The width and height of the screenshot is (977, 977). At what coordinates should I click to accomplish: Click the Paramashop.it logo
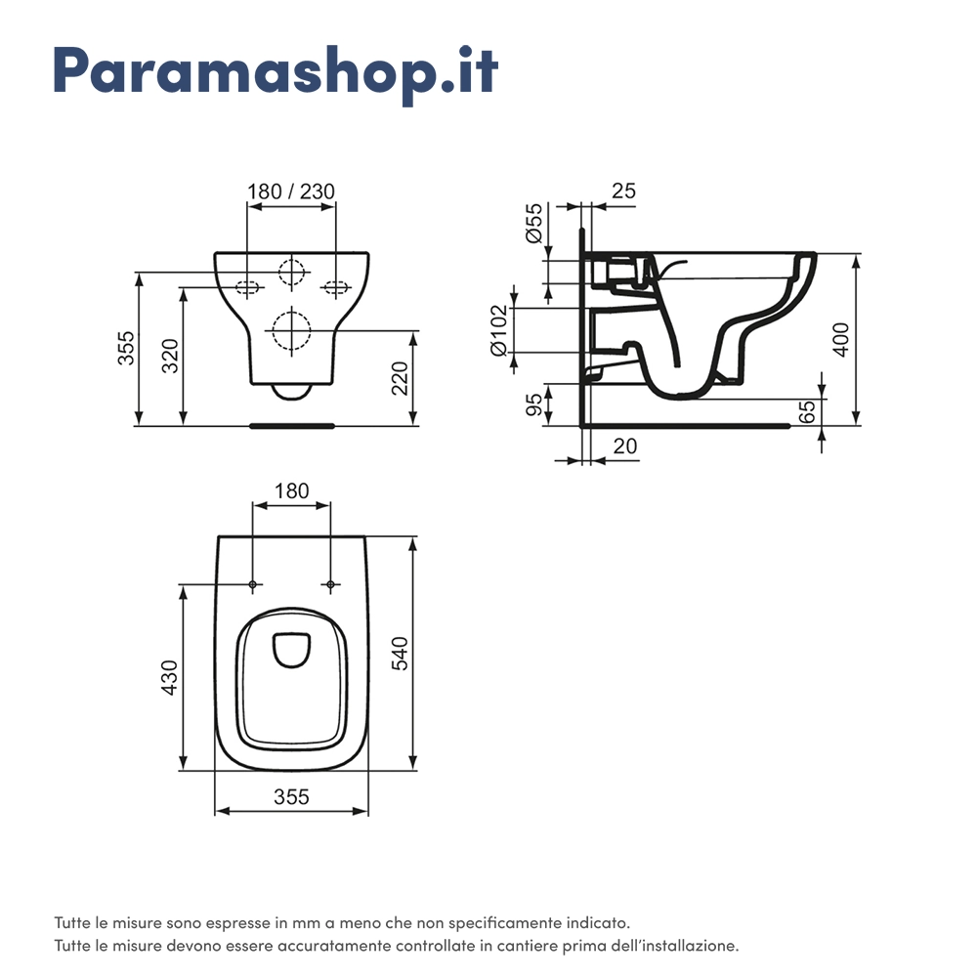coord(276,71)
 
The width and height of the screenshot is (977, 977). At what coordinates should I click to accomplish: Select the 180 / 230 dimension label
coord(291,191)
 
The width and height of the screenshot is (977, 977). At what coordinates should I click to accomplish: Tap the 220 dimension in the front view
coord(400,378)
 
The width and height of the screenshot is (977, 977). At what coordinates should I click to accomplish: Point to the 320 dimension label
coord(169,356)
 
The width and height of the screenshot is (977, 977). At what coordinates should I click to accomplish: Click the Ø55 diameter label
coord(534,224)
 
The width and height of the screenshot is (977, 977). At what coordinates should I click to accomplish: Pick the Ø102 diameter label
coord(499,330)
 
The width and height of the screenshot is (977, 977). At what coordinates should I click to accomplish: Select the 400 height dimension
coord(840,340)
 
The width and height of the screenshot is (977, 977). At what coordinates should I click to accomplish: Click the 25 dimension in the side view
coord(623,191)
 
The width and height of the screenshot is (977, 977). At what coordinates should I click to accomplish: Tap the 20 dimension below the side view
coord(625,446)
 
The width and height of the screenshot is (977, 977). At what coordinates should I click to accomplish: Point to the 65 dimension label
coord(806,411)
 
